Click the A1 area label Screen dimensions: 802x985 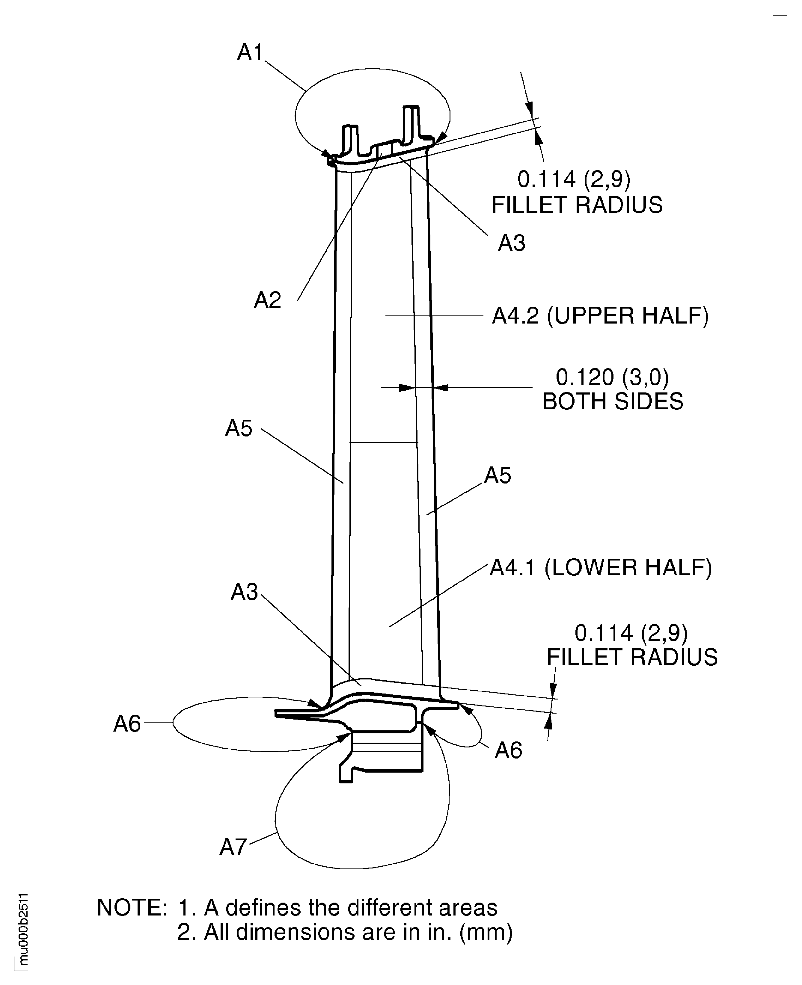point(250,52)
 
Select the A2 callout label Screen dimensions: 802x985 point(268,300)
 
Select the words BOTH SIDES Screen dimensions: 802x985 point(613,401)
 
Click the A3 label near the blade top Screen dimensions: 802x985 point(511,243)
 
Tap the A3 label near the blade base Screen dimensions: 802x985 point(244,592)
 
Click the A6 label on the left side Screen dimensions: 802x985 point(127,724)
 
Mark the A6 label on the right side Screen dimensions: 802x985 point(508,750)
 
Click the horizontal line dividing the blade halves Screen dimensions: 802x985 point(384,442)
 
